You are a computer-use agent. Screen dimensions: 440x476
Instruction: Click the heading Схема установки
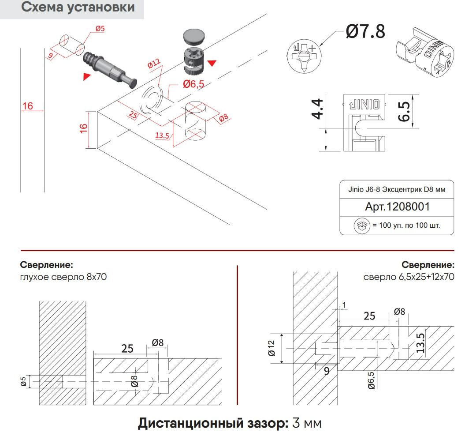(78, 8)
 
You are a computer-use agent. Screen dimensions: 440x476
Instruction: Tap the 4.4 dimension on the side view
(318, 110)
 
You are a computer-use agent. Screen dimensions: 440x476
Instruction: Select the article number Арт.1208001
(397, 207)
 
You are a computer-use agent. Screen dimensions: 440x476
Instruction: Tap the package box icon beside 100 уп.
(361, 226)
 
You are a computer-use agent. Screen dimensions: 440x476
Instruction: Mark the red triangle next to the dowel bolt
(87, 77)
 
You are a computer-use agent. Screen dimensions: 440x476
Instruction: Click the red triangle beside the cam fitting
(212, 64)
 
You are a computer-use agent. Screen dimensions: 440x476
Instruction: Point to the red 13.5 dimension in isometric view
(162, 135)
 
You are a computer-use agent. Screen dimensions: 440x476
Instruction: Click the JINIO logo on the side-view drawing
(363, 105)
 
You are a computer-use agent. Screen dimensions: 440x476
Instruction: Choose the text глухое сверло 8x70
(63, 277)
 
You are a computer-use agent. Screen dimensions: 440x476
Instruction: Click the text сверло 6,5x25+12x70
(409, 277)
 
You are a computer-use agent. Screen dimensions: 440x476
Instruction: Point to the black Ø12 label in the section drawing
(271, 348)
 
